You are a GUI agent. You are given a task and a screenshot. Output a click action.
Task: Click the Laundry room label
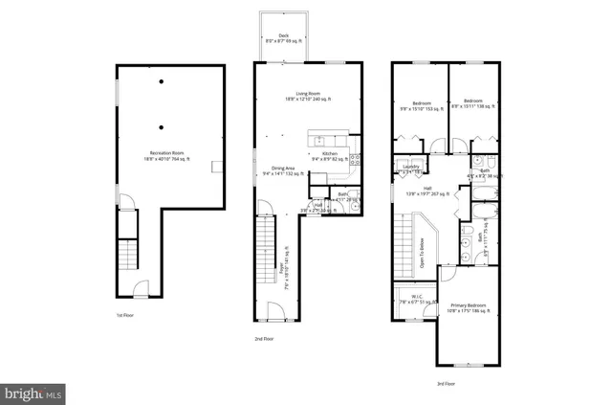[411, 169]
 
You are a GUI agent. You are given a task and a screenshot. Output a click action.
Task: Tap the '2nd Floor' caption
[264, 338]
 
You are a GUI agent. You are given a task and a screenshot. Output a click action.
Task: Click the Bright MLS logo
[33, 393]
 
